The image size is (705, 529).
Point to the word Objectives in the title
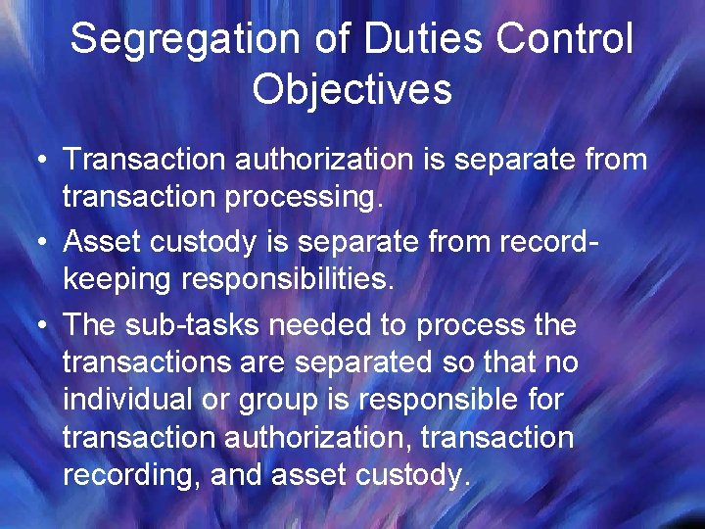coord(352,89)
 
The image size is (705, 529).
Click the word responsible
coord(481,400)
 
